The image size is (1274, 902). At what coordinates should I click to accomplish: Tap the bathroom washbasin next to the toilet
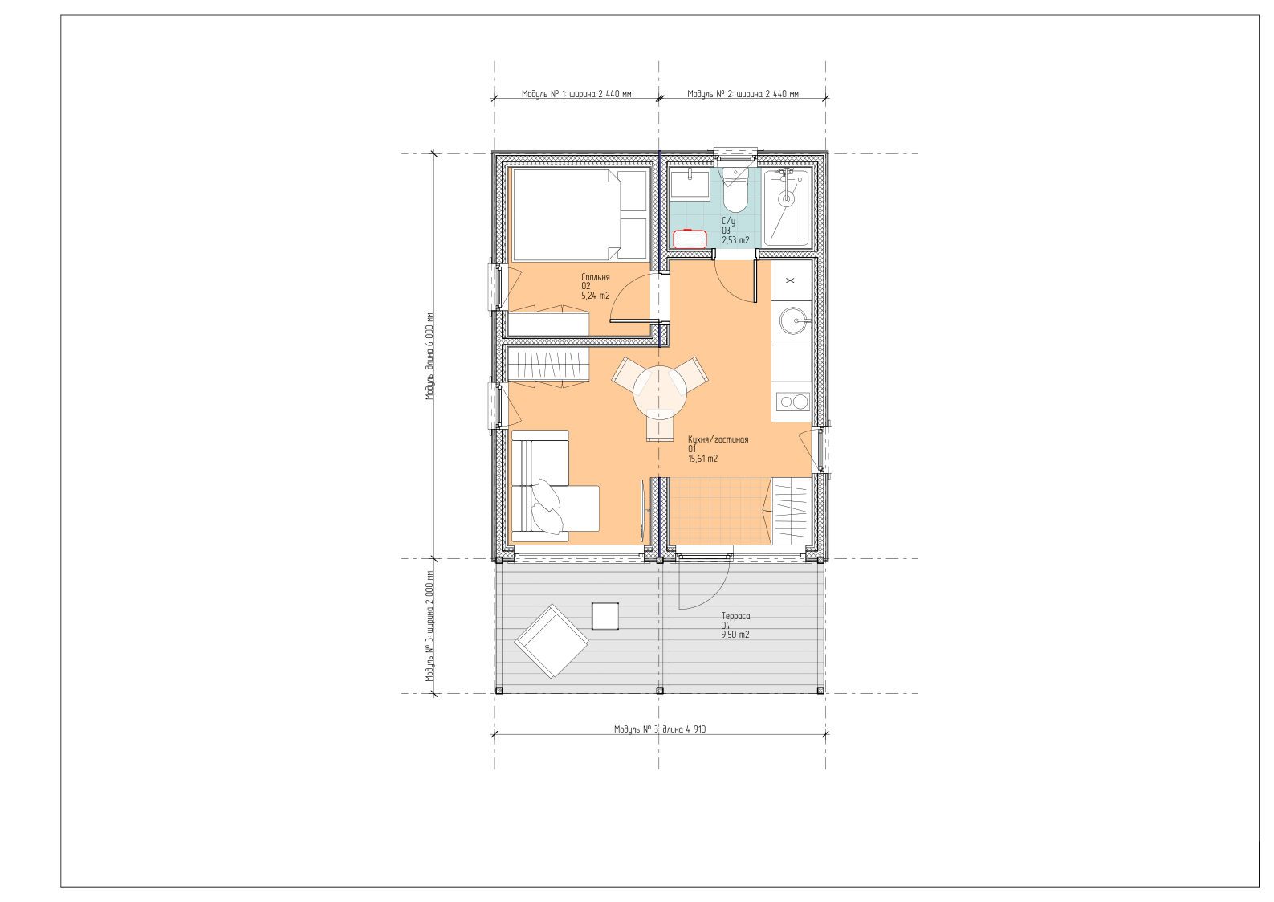coord(690,183)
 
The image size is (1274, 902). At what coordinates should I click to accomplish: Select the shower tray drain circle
coord(787,198)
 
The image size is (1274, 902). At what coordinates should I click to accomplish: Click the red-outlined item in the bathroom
coord(690,239)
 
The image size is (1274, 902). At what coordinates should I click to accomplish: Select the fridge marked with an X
coord(791,280)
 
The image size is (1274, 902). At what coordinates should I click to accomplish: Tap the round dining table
coord(660,393)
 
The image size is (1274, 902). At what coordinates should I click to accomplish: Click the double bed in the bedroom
coord(580,214)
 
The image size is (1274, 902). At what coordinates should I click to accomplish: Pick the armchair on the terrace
coord(552,641)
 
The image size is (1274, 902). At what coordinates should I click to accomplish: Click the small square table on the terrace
coord(605,616)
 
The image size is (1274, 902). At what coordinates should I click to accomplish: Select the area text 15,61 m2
coord(703,459)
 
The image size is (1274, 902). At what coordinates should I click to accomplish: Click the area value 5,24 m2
coord(596,296)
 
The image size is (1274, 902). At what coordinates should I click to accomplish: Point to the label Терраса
coord(735,616)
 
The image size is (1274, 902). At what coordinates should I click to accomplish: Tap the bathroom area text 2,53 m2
coord(735,240)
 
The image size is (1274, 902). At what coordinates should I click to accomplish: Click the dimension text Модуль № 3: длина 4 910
coord(660,729)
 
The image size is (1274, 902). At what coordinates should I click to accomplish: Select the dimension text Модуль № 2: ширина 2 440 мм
coord(743,94)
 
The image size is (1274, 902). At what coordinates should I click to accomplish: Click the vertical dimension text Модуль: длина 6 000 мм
coord(429,357)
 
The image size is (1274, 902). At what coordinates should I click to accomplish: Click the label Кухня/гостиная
coord(718,439)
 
